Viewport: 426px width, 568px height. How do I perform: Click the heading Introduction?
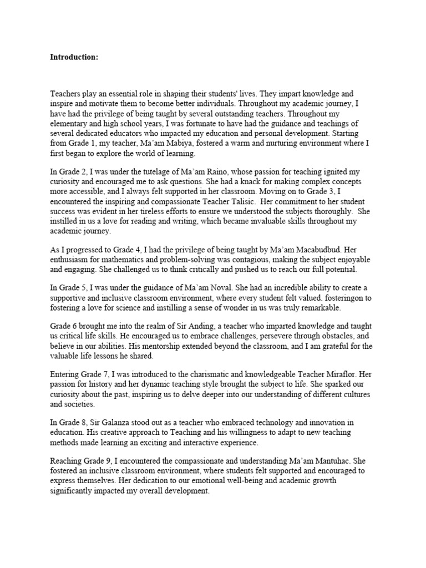pyautogui.click(x=74, y=57)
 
